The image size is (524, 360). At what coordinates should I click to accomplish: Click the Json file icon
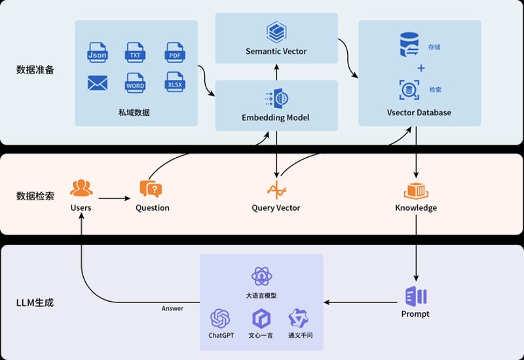click(97, 52)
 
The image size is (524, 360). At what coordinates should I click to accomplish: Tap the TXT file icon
click(135, 52)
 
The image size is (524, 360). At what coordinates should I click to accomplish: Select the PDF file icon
click(175, 52)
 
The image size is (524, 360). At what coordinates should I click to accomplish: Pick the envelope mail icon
click(98, 83)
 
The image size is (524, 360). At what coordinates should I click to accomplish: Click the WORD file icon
click(135, 82)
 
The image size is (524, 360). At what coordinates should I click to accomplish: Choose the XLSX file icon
click(175, 82)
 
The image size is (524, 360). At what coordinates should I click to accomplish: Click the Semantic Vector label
click(276, 52)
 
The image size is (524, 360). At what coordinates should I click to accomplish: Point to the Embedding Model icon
click(276, 99)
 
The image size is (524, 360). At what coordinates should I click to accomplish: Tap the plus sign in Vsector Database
click(421, 68)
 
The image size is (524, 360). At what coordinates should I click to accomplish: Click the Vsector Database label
click(419, 113)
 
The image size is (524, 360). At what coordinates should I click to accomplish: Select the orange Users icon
click(81, 188)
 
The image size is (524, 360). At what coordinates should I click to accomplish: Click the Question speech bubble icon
click(151, 189)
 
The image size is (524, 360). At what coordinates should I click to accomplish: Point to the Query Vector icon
click(276, 190)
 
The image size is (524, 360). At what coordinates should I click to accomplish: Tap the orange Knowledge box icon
click(416, 191)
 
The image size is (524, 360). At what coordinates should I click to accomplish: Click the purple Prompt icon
click(416, 297)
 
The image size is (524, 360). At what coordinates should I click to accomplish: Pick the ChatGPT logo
click(220, 318)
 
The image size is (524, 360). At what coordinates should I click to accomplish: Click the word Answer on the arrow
click(172, 308)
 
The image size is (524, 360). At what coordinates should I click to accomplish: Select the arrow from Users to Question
click(114, 198)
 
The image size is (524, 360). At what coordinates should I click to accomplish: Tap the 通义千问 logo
click(299, 318)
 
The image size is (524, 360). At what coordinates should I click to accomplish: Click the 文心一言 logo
click(261, 318)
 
